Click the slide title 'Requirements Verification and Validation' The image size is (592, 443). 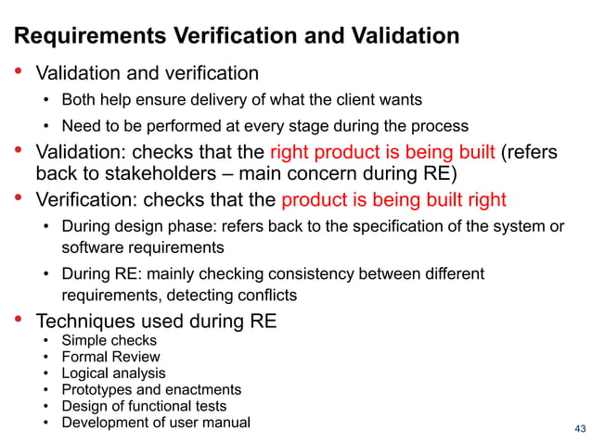237,36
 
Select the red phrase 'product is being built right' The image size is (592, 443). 393,199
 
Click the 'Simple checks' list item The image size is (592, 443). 109,340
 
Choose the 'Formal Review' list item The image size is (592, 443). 110,357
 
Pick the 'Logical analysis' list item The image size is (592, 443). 113,373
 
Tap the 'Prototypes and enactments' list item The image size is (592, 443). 151,390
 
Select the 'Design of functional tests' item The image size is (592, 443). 144,406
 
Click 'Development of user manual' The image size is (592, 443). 156,423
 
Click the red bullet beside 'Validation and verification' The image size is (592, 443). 18,71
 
